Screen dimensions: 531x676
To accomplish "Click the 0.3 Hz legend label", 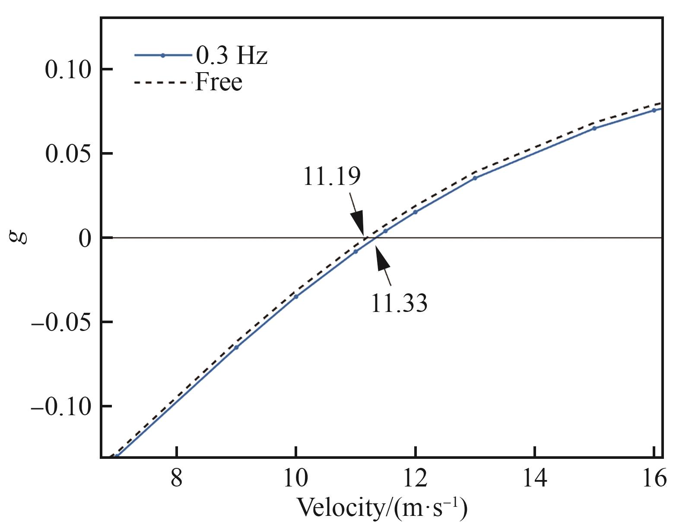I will click(232, 56).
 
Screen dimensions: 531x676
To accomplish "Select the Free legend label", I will click(219, 82).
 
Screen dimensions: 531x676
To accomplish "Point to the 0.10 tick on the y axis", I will click(68, 70).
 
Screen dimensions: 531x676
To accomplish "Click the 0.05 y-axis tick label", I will click(68, 154).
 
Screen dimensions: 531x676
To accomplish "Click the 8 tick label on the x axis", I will click(177, 478).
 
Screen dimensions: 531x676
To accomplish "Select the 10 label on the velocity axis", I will click(296, 478).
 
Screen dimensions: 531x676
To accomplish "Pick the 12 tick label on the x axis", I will click(415, 478).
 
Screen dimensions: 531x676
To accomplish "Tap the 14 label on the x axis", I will click(535, 478).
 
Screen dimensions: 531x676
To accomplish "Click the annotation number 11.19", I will click(332, 176).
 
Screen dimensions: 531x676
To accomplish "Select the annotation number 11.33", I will click(399, 303).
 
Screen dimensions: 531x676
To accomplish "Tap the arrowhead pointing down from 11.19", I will click(359, 224).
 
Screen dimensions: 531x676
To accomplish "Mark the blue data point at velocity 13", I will click(475, 178).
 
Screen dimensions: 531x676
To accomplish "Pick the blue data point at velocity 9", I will click(236, 347).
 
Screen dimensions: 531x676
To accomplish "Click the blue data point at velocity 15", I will click(594, 128).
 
